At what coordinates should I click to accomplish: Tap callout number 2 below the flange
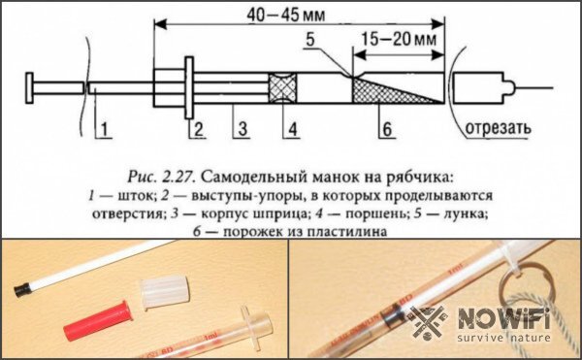coord(197,127)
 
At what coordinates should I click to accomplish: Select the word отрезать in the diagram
coord(500,126)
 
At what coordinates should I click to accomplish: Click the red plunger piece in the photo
coord(96,323)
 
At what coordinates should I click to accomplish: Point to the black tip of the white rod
coord(19,290)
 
